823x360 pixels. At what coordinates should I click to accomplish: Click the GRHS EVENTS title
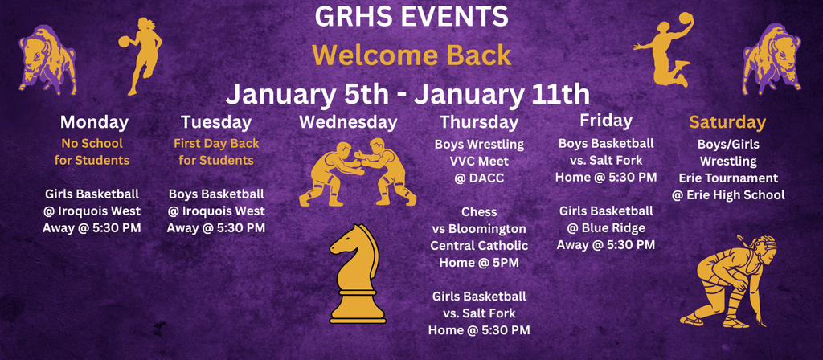(x=411, y=16)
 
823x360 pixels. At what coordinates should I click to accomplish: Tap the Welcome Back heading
(x=411, y=55)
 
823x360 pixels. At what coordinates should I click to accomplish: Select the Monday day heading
(x=94, y=122)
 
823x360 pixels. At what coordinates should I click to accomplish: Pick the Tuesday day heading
(x=215, y=122)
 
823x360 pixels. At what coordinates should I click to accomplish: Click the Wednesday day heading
(x=347, y=122)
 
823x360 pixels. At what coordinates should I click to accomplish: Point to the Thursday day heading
(x=478, y=122)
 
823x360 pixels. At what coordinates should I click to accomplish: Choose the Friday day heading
(x=605, y=121)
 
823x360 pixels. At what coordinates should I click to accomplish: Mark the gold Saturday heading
(x=727, y=122)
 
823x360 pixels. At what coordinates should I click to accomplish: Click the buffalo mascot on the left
(x=47, y=58)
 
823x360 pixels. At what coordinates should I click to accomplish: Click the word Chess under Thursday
(x=479, y=212)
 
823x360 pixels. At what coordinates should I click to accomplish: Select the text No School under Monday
(x=92, y=144)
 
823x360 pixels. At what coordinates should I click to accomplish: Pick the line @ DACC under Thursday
(x=479, y=178)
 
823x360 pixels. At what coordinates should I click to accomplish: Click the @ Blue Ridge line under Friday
(x=605, y=227)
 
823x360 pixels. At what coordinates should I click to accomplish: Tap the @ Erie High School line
(x=728, y=194)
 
